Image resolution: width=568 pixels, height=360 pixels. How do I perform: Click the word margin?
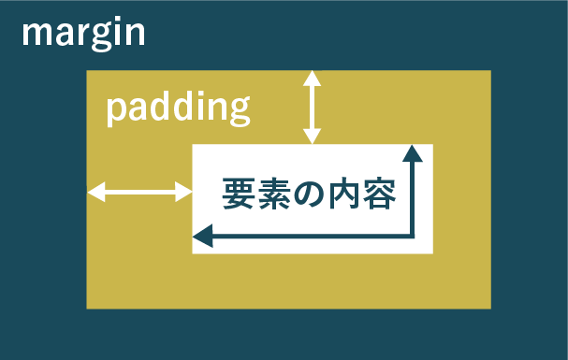pos(83,35)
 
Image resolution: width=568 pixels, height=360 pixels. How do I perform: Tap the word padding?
pos(177,108)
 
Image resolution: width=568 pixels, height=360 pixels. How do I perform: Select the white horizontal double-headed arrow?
pos(139,193)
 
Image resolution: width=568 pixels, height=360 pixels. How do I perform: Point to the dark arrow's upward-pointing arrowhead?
pos(413,152)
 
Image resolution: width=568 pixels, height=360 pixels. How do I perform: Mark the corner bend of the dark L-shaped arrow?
pos(412,238)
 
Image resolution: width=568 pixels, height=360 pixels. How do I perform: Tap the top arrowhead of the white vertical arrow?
pos(312,78)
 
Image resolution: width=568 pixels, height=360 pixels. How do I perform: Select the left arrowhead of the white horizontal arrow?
pos(95,193)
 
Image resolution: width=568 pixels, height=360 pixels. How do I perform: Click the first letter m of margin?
pos(36,35)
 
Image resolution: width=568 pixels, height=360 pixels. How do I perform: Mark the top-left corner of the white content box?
pos(193,145)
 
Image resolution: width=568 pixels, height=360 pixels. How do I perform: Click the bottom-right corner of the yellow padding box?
pos(490,308)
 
